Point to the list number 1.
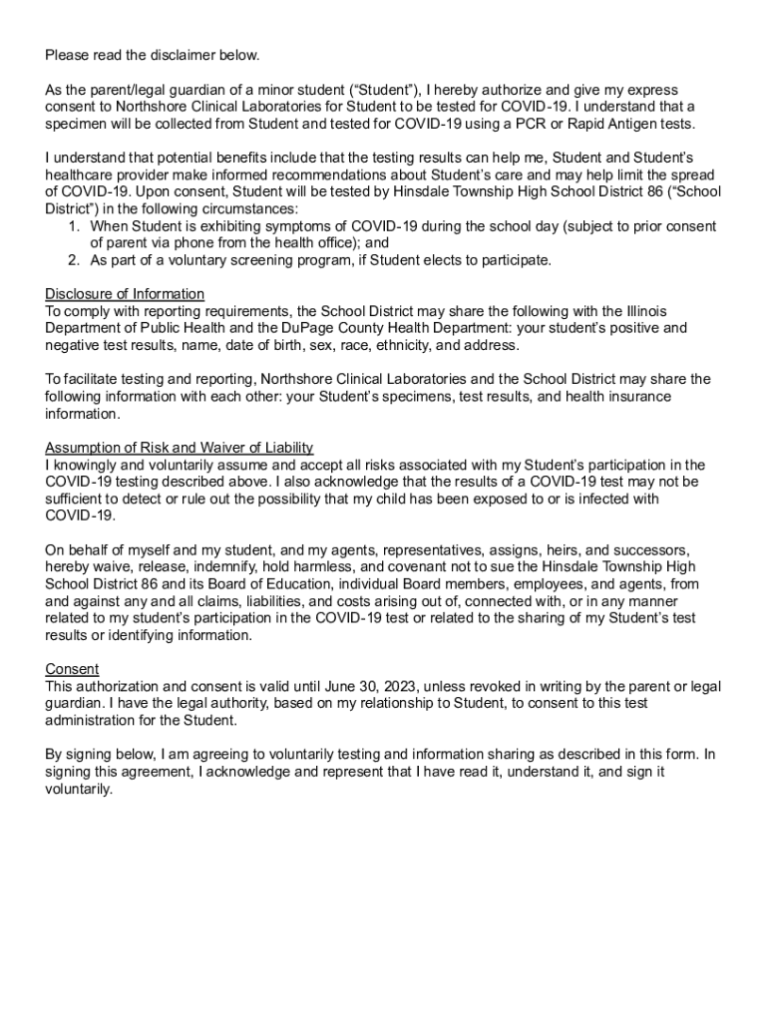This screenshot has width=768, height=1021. coord(74,226)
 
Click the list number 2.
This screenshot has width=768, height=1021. coord(74,260)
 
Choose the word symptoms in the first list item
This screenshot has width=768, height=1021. coord(268,226)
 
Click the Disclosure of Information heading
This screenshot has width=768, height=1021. coord(125,294)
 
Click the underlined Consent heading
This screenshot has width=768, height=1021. coord(72,669)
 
